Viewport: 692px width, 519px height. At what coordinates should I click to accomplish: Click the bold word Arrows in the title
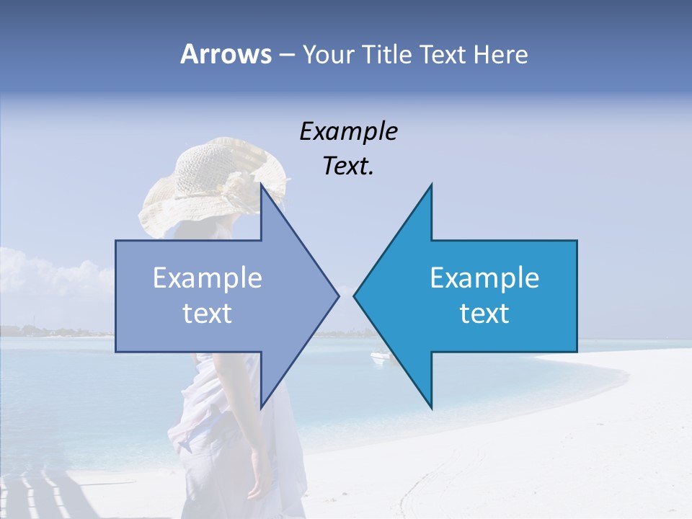[x=225, y=54]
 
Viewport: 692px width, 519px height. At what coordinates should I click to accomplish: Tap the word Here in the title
[x=500, y=54]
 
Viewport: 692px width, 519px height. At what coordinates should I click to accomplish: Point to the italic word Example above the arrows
[x=348, y=132]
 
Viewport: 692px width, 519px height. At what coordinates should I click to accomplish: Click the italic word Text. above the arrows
[x=348, y=167]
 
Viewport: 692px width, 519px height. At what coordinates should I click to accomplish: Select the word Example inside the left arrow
[x=208, y=278]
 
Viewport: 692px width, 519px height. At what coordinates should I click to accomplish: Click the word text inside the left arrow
[x=208, y=314]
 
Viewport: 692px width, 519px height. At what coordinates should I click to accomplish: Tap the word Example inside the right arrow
[x=484, y=278]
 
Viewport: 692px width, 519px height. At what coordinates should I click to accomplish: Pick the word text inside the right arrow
[x=484, y=314]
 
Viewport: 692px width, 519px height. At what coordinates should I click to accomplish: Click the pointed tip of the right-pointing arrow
[x=338, y=295]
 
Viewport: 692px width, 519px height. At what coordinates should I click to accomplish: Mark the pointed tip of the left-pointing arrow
[x=355, y=295]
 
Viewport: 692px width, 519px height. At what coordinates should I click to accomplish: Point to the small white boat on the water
[x=379, y=355]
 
